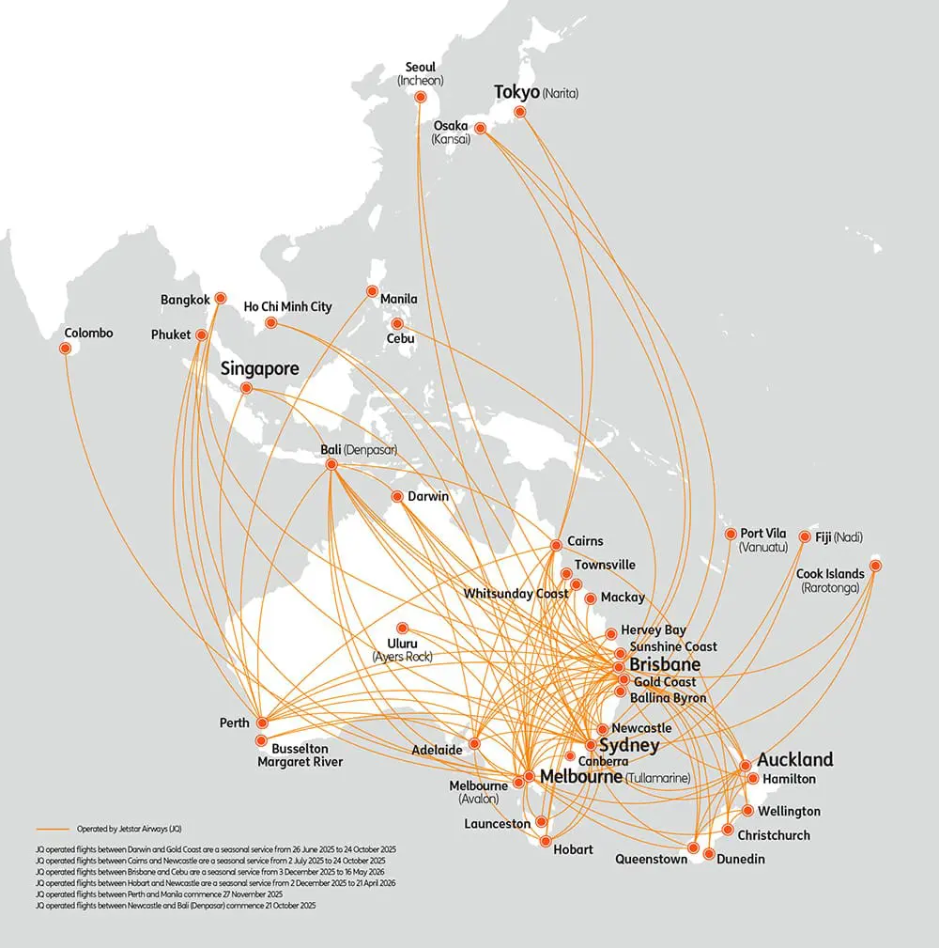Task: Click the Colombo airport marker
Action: click(x=66, y=349)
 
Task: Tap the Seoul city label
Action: click(x=420, y=68)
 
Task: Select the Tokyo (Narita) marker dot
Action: click(x=520, y=113)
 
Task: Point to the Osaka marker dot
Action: click(x=480, y=129)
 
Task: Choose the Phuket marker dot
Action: click(x=202, y=334)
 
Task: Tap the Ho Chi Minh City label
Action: click(x=287, y=306)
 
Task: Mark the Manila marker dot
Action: click(x=372, y=291)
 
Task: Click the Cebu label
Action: click(x=401, y=337)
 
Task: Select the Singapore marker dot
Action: click(x=246, y=388)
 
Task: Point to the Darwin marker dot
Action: click(x=398, y=497)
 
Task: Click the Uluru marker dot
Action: click(x=402, y=628)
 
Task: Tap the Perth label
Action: click(x=235, y=723)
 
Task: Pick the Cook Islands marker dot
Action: click(x=875, y=566)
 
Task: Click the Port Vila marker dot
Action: click(x=731, y=535)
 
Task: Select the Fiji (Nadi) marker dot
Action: click(x=805, y=537)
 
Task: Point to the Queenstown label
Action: click(x=651, y=859)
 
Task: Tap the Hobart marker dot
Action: click(x=544, y=840)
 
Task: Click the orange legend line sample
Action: click(x=54, y=829)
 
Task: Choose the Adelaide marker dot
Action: click(x=474, y=743)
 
